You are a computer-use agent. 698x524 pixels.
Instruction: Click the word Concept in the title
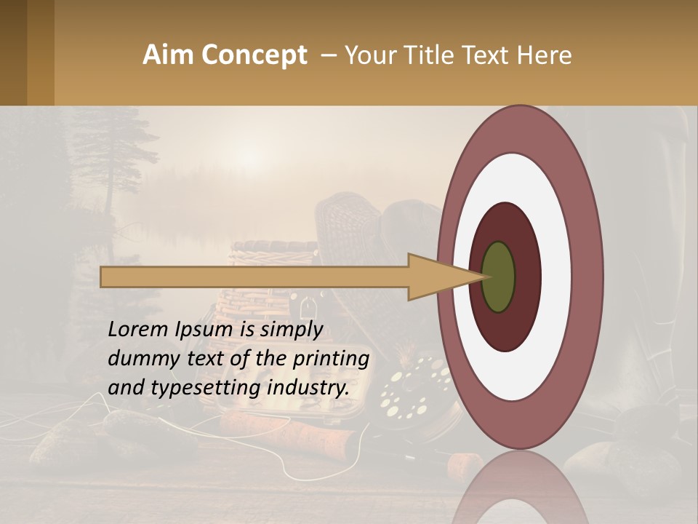tap(254, 55)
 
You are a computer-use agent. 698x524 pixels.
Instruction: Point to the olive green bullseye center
tap(498, 277)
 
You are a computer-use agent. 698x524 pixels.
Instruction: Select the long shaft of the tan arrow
tap(254, 277)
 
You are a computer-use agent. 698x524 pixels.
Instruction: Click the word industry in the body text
tap(308, 388)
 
